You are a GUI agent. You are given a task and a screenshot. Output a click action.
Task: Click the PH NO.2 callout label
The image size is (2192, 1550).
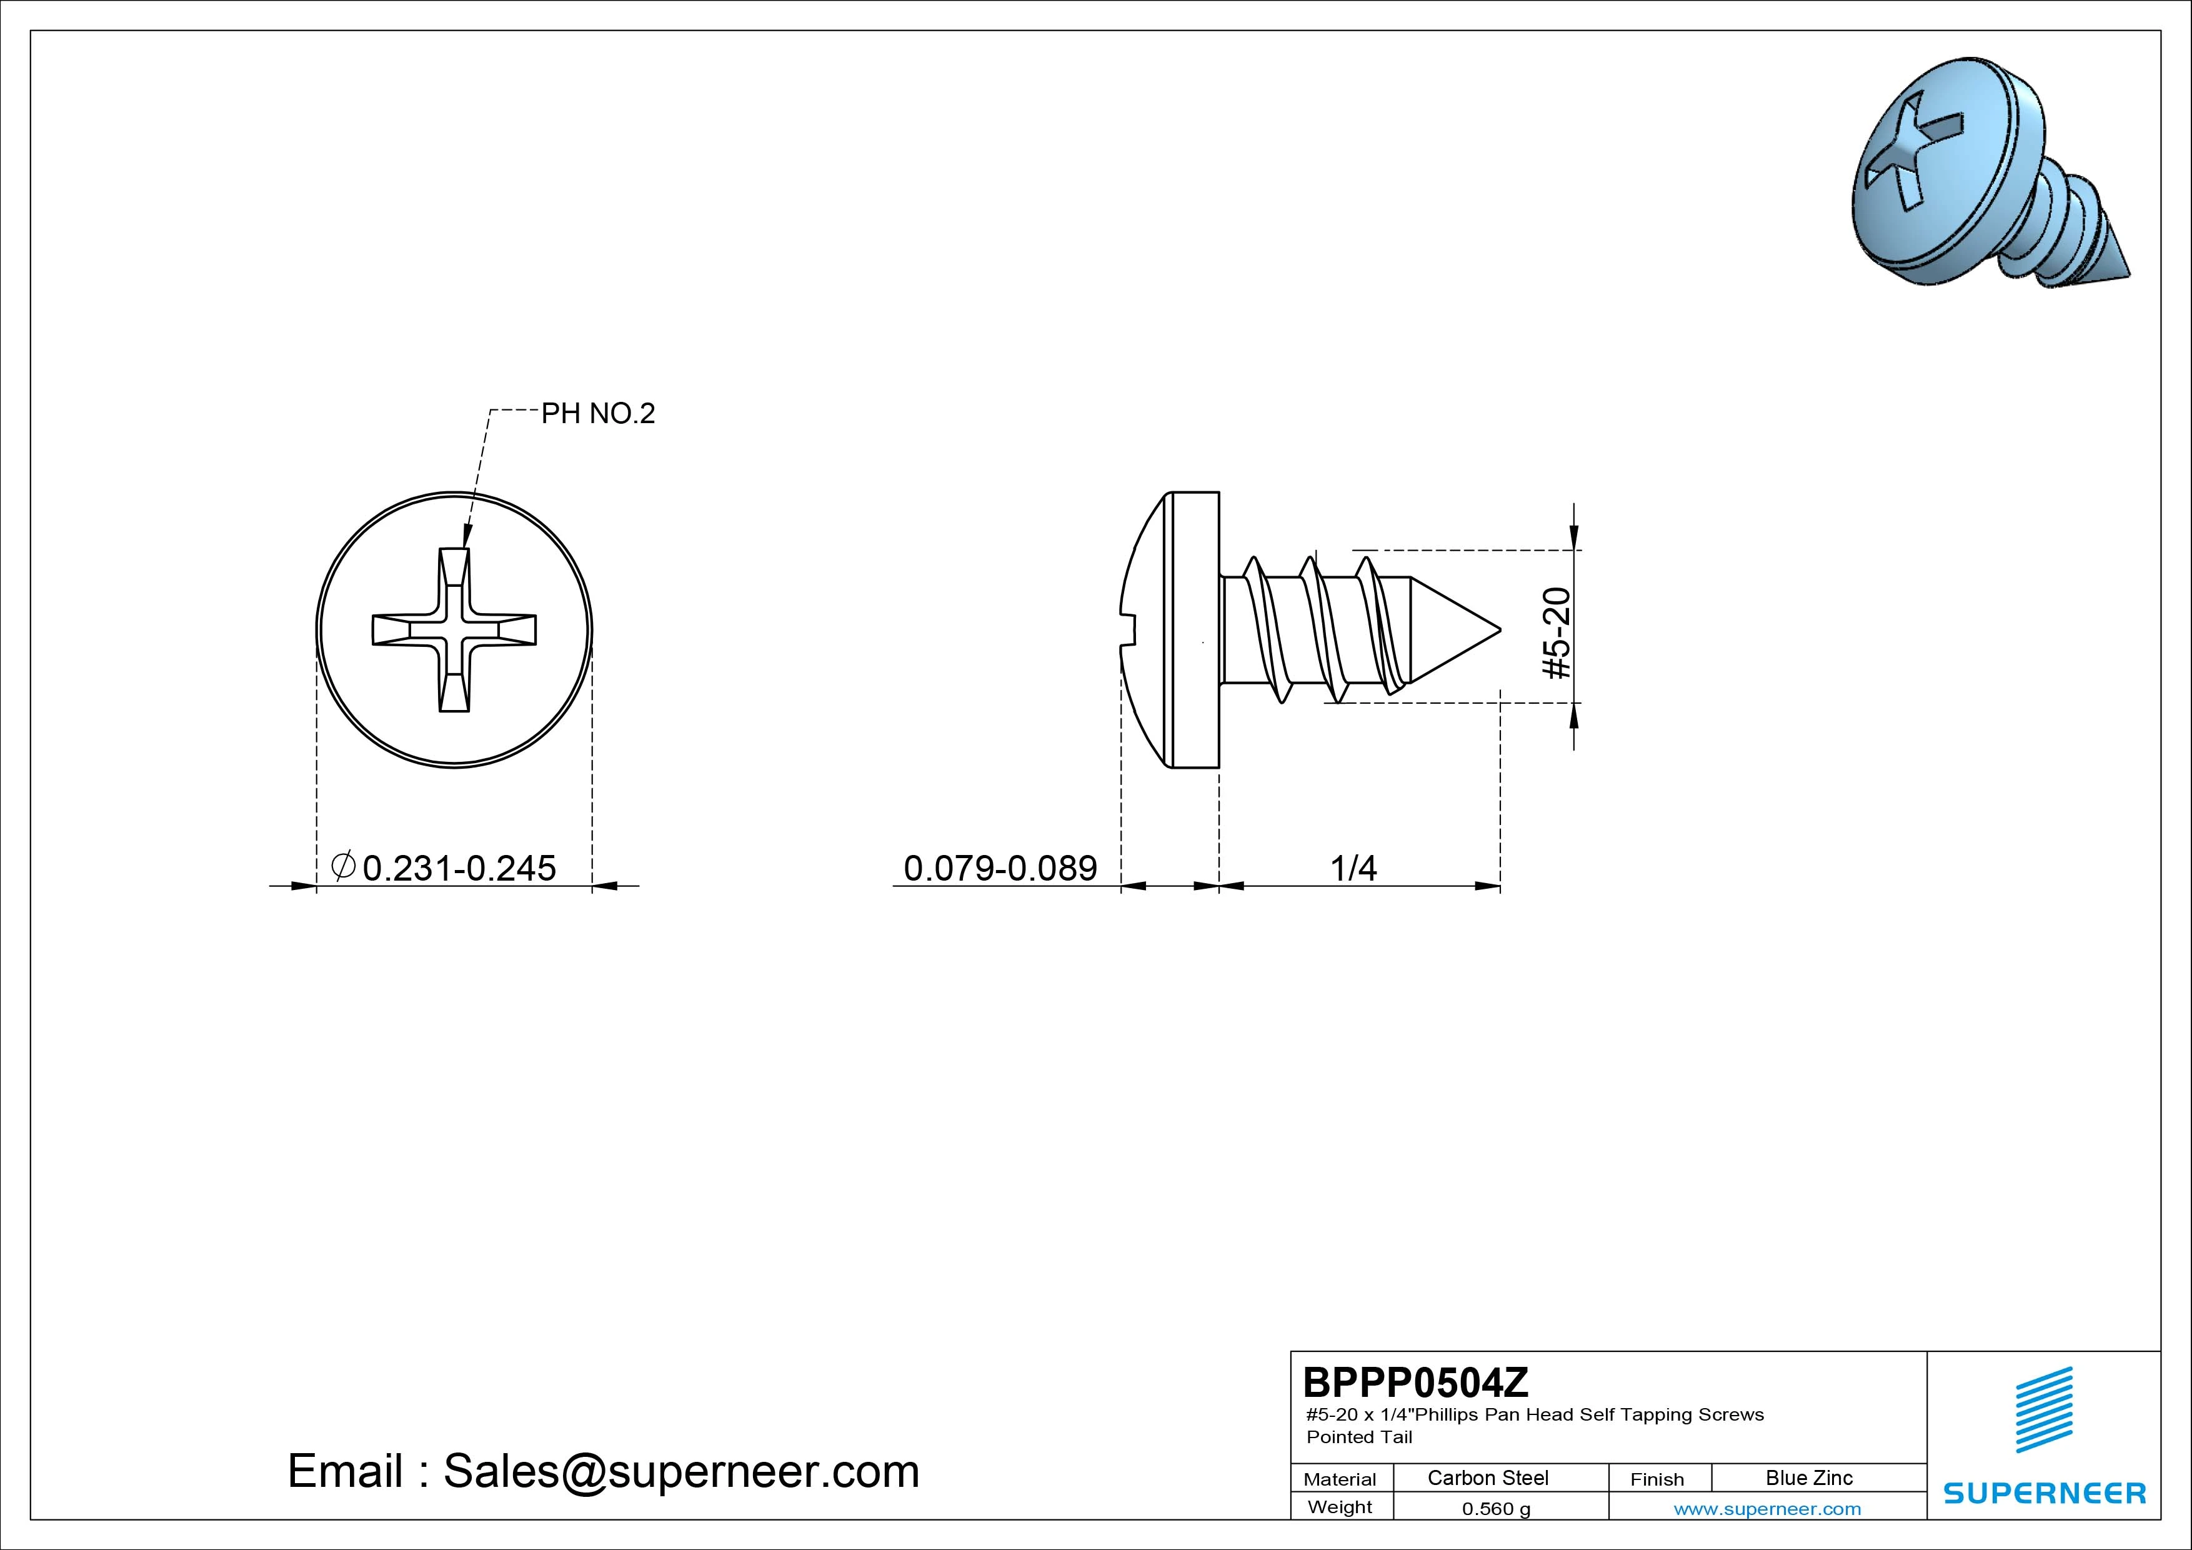[599, 414]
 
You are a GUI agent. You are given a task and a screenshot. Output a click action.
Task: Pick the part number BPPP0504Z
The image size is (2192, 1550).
[1416, 1382]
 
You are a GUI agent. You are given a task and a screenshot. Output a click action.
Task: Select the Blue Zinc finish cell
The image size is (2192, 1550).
[1809, 1478]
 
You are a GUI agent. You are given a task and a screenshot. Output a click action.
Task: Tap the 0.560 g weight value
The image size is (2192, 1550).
[1496, 1509]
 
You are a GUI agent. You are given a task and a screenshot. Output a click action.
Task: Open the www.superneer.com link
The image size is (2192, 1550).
[1767, 1509]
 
